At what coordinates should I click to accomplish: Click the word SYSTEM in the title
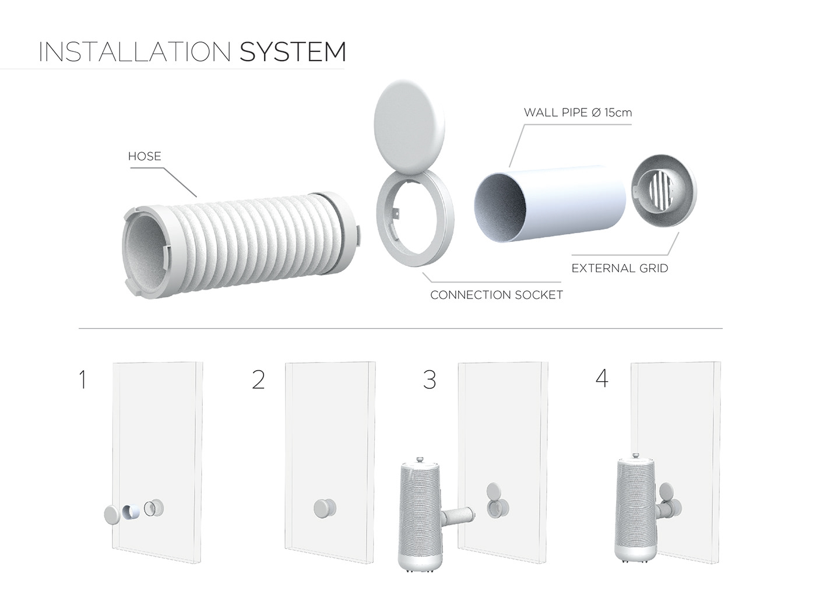coord(293,52)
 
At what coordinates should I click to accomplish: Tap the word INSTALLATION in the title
coord(135,52)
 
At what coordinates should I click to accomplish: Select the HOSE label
coord(144,156)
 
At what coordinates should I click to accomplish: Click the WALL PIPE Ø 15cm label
coord(577,112)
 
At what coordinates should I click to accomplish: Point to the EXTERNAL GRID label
coord(620,268)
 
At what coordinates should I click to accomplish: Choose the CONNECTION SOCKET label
coord(496,295)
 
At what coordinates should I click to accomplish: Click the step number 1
coord(83,380)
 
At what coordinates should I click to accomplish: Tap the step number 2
coord(258,380)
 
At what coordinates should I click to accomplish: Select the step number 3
coord(430,380)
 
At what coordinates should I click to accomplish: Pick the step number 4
coord(602,379)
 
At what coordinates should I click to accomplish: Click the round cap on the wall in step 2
coord(324,508)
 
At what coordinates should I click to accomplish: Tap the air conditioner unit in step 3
coord(421,513)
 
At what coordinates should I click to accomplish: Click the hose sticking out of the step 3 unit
coord(459,515)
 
